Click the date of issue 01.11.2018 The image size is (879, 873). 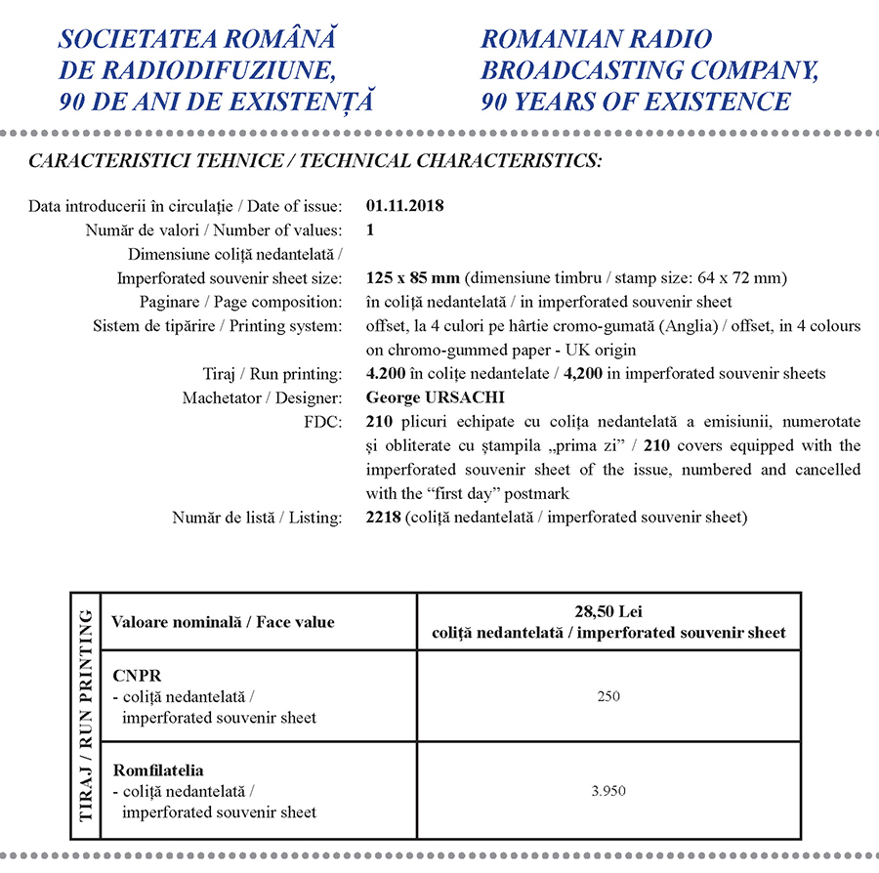click(404, 206)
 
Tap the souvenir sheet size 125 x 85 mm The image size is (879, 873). click(411, 278)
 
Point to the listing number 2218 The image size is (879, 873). click(383, 517)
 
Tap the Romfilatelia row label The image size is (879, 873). click(158, 770)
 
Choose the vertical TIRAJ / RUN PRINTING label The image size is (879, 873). click(86, 716)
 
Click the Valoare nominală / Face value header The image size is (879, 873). click(223, 622)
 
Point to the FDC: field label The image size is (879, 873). click(323, 422)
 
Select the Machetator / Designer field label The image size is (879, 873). click(262, 397)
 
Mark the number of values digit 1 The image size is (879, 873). click(370, 230)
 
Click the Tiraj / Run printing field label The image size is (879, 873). click(266, 374)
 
